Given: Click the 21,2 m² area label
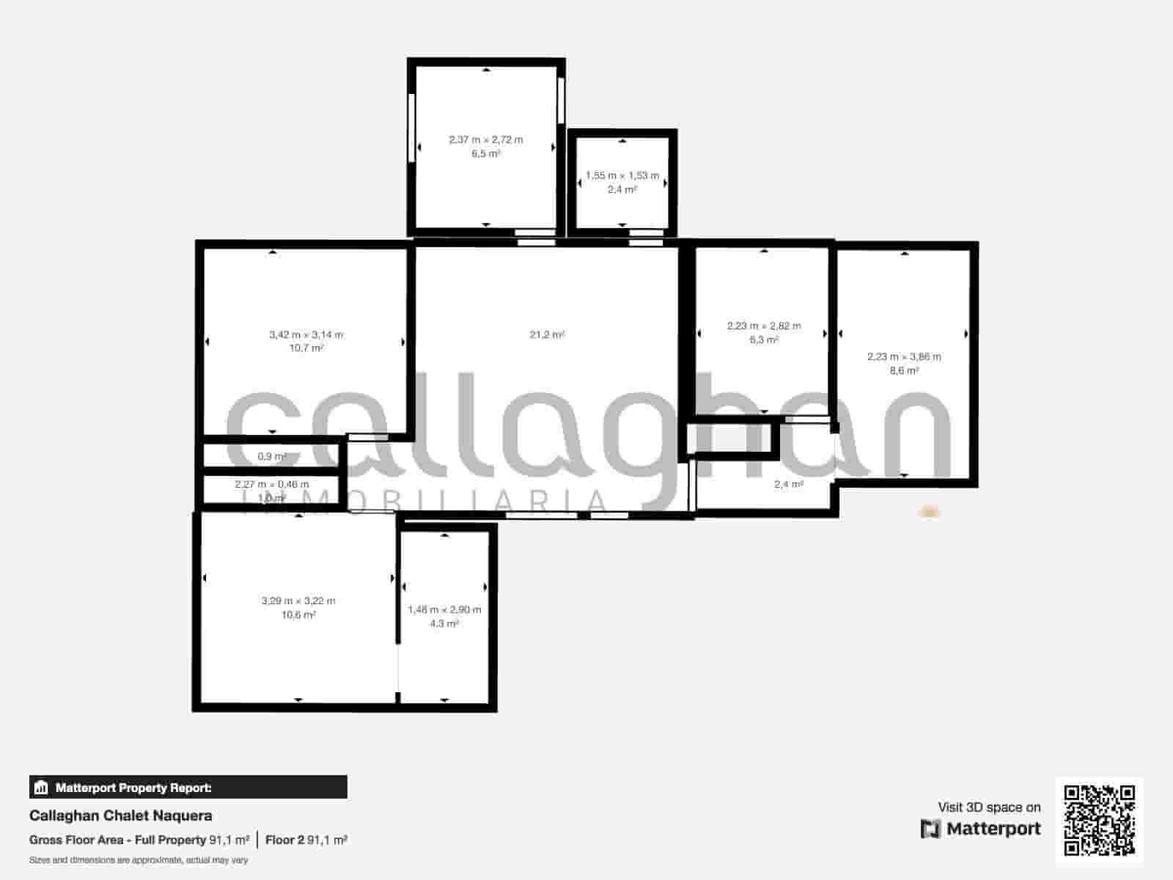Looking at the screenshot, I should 547,335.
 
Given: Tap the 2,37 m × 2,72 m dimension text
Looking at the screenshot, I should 486,139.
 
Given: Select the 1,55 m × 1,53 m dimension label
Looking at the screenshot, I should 622,176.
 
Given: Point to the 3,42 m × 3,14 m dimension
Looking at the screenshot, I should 306,335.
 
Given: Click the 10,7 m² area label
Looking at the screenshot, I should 306,348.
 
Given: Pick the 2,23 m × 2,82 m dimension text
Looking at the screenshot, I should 764,326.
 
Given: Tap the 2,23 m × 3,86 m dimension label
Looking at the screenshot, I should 904,357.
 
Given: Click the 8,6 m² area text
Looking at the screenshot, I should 904,371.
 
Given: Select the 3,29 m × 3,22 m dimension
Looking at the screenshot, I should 298,601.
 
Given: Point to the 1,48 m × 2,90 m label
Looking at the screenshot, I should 444,610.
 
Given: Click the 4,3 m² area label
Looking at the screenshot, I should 444,624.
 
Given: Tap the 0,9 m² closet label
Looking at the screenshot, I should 271,457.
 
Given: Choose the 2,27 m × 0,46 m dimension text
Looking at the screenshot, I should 272,485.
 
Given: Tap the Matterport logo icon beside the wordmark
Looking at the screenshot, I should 930,829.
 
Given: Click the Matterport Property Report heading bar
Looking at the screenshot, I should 188,788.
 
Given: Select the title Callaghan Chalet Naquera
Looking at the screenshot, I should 121,815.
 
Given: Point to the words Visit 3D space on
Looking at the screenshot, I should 989,807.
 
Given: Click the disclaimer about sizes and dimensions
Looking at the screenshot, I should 139,860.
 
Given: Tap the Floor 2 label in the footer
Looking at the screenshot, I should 284,840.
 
